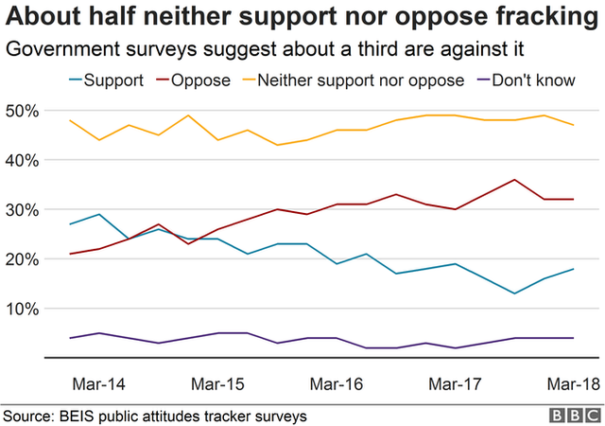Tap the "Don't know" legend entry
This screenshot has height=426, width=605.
537,80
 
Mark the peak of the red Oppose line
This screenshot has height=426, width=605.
514,180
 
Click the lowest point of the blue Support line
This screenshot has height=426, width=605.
514,293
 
